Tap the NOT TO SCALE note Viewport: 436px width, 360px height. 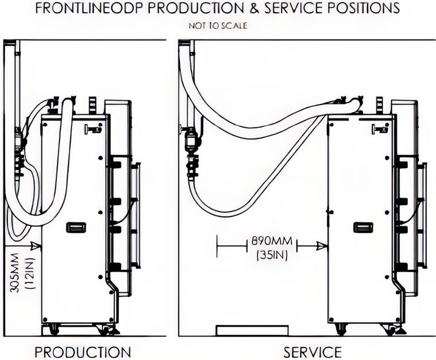[218, 26]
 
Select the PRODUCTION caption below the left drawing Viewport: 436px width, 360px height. [83, 352]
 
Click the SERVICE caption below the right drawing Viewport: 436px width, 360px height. [312, 352]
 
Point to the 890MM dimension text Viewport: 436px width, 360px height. [272, 241]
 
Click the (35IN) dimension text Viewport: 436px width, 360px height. [272, 255]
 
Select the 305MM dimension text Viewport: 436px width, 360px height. [14, 272]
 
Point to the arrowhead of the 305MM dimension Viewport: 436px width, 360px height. [36, 245]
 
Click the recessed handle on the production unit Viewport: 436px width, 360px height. [76, 227]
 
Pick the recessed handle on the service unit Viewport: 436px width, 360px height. [363, 227]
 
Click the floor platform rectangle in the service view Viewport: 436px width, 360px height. [252, 331]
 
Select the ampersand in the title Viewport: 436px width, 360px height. [255, 8]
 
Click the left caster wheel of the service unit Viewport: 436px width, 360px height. [341, 330]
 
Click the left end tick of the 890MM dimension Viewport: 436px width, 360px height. [217, 246]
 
